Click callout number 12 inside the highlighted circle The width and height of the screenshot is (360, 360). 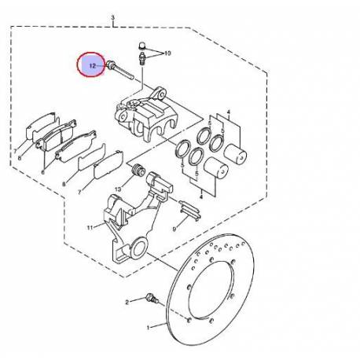(93, 66)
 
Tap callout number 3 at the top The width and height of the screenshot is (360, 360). (112, 17)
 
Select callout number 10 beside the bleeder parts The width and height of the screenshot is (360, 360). (167, 53)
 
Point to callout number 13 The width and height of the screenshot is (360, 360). (118, 189)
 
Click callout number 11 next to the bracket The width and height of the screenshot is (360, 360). (90, 228)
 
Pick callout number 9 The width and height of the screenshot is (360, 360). (174, 230)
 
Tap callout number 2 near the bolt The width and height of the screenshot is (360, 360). (127, 303)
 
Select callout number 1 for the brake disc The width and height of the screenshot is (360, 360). (148, 328)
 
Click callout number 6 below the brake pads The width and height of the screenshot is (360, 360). (43, 172)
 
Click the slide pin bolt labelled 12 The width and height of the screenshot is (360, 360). (120, 70)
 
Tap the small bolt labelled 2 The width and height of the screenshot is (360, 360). (152, 299)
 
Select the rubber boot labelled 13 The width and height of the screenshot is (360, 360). (138, 170)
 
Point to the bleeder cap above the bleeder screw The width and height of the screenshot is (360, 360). (141, 46)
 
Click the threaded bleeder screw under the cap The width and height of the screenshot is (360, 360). (142, 60)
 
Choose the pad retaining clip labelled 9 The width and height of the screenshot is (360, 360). (190, 211)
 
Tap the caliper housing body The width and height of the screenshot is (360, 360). (147, 112)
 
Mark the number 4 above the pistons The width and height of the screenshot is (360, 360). (229, 112)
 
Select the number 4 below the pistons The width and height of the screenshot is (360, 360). (201, 197)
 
